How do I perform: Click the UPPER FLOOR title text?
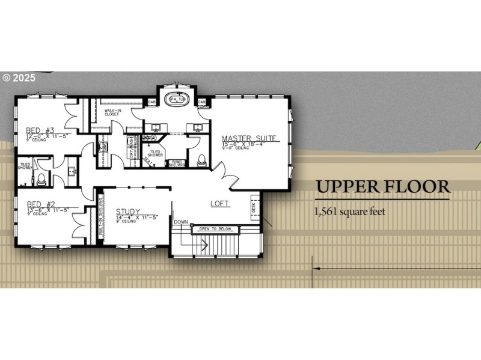pos(383,187)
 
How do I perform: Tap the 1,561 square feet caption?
pos(349,212)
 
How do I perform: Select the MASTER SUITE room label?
pos(250,138)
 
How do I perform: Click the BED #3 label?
pos(40,130)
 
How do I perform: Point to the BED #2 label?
pos(40,204)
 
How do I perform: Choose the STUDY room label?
pos(129,211)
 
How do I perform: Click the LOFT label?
pos(220,204)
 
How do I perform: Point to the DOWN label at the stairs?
pos(181,222)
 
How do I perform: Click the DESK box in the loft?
pos(254,206)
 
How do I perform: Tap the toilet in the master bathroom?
pos(201,160)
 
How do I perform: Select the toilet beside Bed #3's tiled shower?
pos(40,177)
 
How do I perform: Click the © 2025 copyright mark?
pos(19,78)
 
